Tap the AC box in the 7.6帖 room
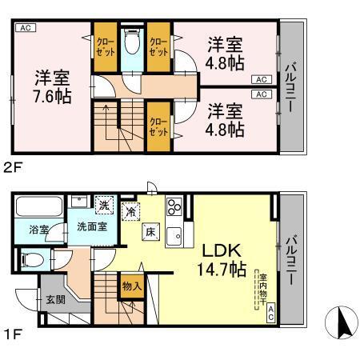[x=25, y=27]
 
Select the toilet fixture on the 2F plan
[x=133, y=42]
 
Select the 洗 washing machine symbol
[x=103, y=205]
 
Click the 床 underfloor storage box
[x=150, y=232]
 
